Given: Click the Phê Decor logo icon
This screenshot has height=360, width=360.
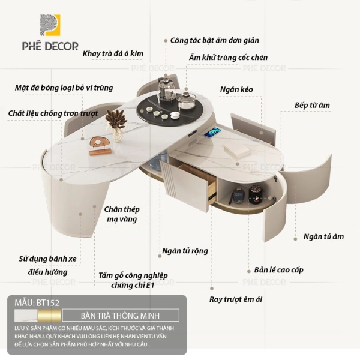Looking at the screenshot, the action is pos(50,25).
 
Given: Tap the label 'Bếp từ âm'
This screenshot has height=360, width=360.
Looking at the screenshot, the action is pos(312,106).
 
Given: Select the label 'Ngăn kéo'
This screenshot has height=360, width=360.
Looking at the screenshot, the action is pos(236,89).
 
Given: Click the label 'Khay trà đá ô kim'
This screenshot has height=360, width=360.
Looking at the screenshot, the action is pos(113,54).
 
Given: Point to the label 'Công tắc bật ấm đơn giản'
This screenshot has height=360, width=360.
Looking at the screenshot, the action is pos(214,41).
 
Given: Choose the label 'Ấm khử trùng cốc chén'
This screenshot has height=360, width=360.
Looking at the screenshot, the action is pos(228,58).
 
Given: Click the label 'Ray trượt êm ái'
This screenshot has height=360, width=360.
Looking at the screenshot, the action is pos(236,299).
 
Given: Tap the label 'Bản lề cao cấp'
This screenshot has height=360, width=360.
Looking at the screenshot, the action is pos(278,270).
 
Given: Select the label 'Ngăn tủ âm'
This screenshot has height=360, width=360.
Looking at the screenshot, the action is pos(323,237).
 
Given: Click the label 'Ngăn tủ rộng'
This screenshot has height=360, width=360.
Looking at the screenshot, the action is pos(185,251).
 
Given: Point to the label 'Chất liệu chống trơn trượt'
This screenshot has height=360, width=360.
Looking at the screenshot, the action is pos(53,113).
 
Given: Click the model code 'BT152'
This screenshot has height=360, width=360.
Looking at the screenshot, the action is pos(48,303).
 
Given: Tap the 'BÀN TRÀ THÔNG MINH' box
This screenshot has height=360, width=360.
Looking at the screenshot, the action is pos(121,315).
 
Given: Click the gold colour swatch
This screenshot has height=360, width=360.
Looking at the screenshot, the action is pos(49,316).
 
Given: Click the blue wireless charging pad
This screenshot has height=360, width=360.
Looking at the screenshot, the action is pos(213,133).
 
